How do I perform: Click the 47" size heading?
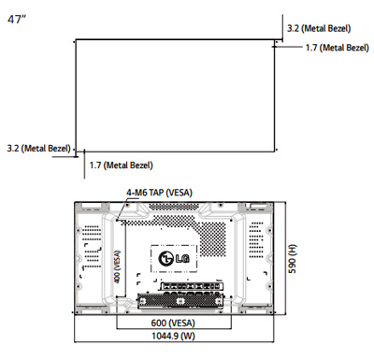pyautogui.click(x=16, y=20)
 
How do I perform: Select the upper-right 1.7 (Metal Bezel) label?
pyautogui.click(x=338, y=48)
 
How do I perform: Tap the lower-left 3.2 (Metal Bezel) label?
pyautogui.click(x=38, y=148)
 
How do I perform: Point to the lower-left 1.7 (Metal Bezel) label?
pyautogui.click(x=120, y=166)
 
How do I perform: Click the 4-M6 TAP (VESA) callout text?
pyautogui.click(x=161, y=193)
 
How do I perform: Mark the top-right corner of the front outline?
pyautogui.click(x=272, y=39)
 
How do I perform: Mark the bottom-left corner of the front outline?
pyautogui.click(x=76, y=149)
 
